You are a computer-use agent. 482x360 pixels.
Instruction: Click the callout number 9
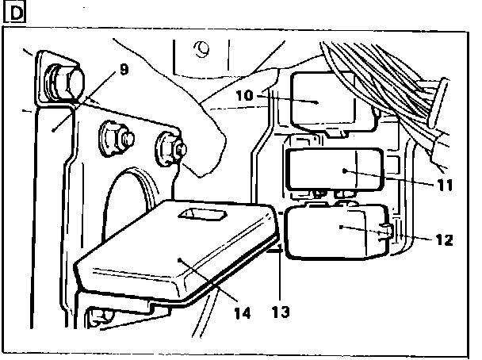pyautogui.click(x=122, y=68)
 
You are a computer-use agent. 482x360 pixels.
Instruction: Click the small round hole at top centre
pyautogui.click(x=204, y=49)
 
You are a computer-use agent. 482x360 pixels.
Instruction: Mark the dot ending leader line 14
pyautogui.click(x=182, y=259)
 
